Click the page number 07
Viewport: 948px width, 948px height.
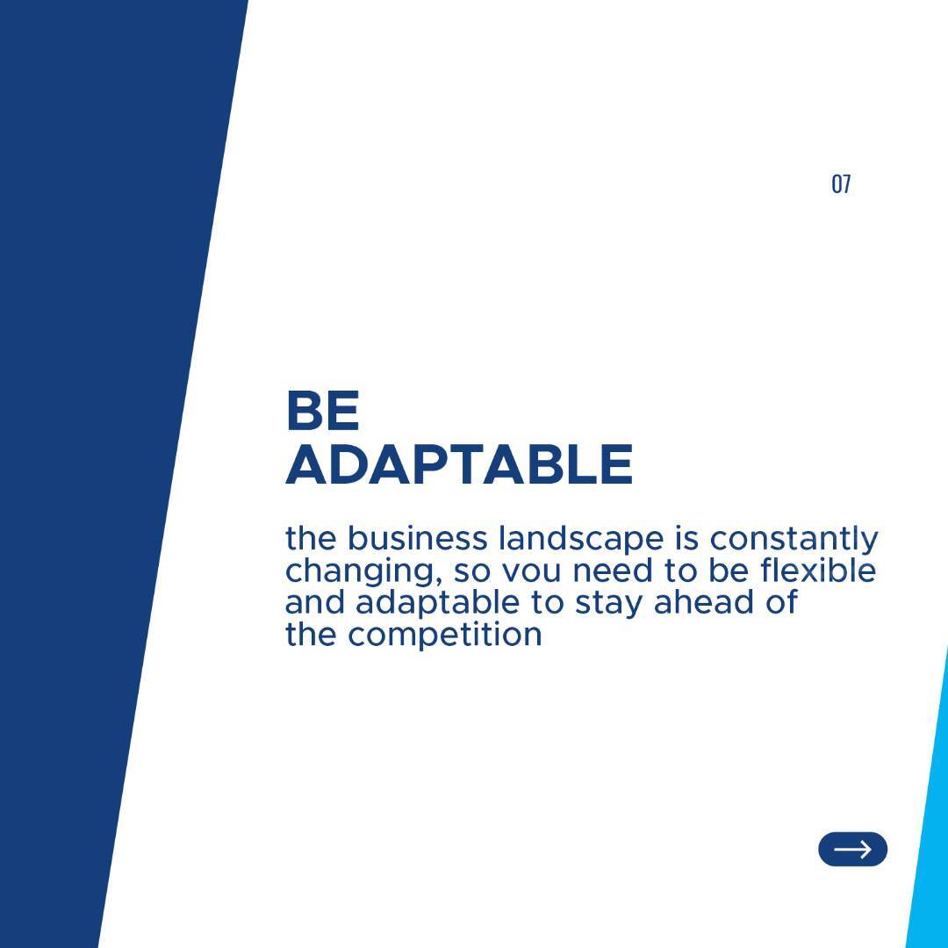click(841, 183)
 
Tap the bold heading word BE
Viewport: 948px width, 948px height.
click(323, 411)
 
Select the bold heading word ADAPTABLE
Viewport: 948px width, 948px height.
click(459, 464)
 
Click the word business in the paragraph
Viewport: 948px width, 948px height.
click(417, 538)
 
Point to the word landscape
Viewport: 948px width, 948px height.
click(581, 540)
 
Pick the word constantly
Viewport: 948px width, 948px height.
click(794, 540)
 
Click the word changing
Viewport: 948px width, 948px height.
click(363, 572)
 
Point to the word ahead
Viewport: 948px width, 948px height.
click(704, 602)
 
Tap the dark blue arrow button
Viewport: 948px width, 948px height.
click(852, 849)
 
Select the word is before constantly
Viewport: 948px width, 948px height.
click(686, 539)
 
